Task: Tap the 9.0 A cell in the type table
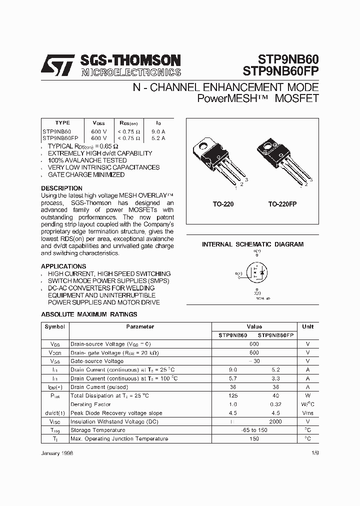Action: click(x=158, y=131)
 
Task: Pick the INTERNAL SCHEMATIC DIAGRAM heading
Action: click(x=252, y=244)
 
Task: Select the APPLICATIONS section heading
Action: click(x=63, y=266)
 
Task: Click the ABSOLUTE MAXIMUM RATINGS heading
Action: click(x=88, y=314)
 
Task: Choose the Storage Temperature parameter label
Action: click(x=98, y=430)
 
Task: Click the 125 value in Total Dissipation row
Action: click(x=232, y=396)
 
